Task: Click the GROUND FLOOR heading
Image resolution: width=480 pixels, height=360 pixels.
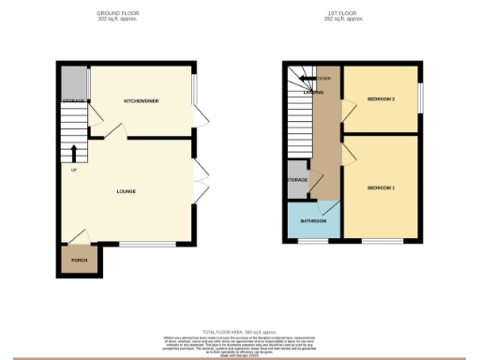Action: (117, 12)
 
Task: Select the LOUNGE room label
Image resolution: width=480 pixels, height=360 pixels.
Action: (127, 192)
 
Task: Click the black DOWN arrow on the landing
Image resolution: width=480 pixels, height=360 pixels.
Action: (315, 78)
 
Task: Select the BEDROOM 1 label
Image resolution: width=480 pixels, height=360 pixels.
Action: (380, 188)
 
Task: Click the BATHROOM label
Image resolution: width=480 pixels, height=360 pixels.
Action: (313, 221)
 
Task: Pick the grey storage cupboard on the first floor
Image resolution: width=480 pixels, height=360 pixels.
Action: (296, 181)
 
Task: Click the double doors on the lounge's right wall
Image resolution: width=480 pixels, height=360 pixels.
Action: (199, 181)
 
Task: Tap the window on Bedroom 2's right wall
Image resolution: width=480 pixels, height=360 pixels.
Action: (418, 97)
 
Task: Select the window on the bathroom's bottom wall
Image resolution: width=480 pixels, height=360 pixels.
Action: (307, 241)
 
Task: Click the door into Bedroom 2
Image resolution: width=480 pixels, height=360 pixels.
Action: (347, 112)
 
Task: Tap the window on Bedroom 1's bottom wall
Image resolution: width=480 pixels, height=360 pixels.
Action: (380, 241)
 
